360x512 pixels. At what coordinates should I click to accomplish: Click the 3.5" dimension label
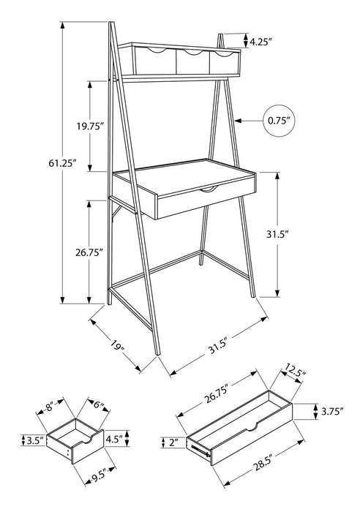(x=33, y=440)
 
